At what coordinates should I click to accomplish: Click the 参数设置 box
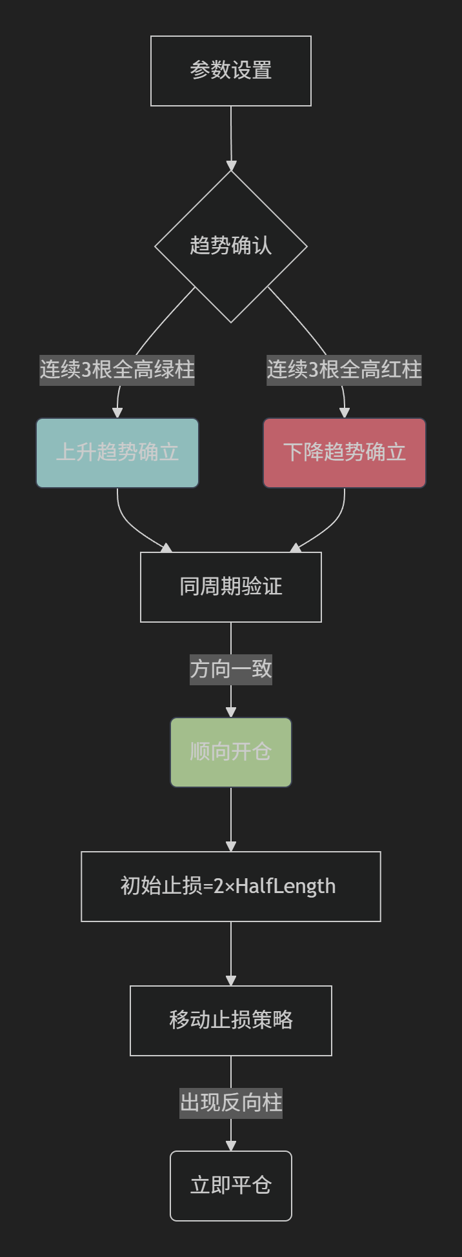(231, 71)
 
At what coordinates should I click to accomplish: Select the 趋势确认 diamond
(231, 246)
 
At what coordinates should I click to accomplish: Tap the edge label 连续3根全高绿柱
(117, 370)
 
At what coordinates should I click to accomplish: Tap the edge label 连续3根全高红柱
(345, 370)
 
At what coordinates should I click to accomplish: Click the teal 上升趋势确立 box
(117, 453)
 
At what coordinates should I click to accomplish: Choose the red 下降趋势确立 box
(345, 453)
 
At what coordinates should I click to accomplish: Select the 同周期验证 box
(231, 587)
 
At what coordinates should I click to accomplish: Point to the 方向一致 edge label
(231, 669)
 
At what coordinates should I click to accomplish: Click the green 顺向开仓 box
(231, 752)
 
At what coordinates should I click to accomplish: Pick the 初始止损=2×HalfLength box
(231, 887)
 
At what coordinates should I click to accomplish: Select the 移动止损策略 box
(231, 1021)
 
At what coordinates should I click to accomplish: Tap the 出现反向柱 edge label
(231, 1103)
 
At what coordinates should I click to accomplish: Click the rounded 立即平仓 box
(231, 1186)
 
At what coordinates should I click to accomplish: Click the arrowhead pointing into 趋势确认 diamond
(231, 166)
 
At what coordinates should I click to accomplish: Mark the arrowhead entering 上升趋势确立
(117, 413)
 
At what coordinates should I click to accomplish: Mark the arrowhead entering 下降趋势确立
(345, 413)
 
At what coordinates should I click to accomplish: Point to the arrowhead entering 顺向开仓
(231, 712)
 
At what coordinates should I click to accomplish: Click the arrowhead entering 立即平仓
(231, 1146)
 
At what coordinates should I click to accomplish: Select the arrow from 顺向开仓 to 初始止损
(231, 820)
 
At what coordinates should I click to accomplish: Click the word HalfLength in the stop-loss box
(286, 887)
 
